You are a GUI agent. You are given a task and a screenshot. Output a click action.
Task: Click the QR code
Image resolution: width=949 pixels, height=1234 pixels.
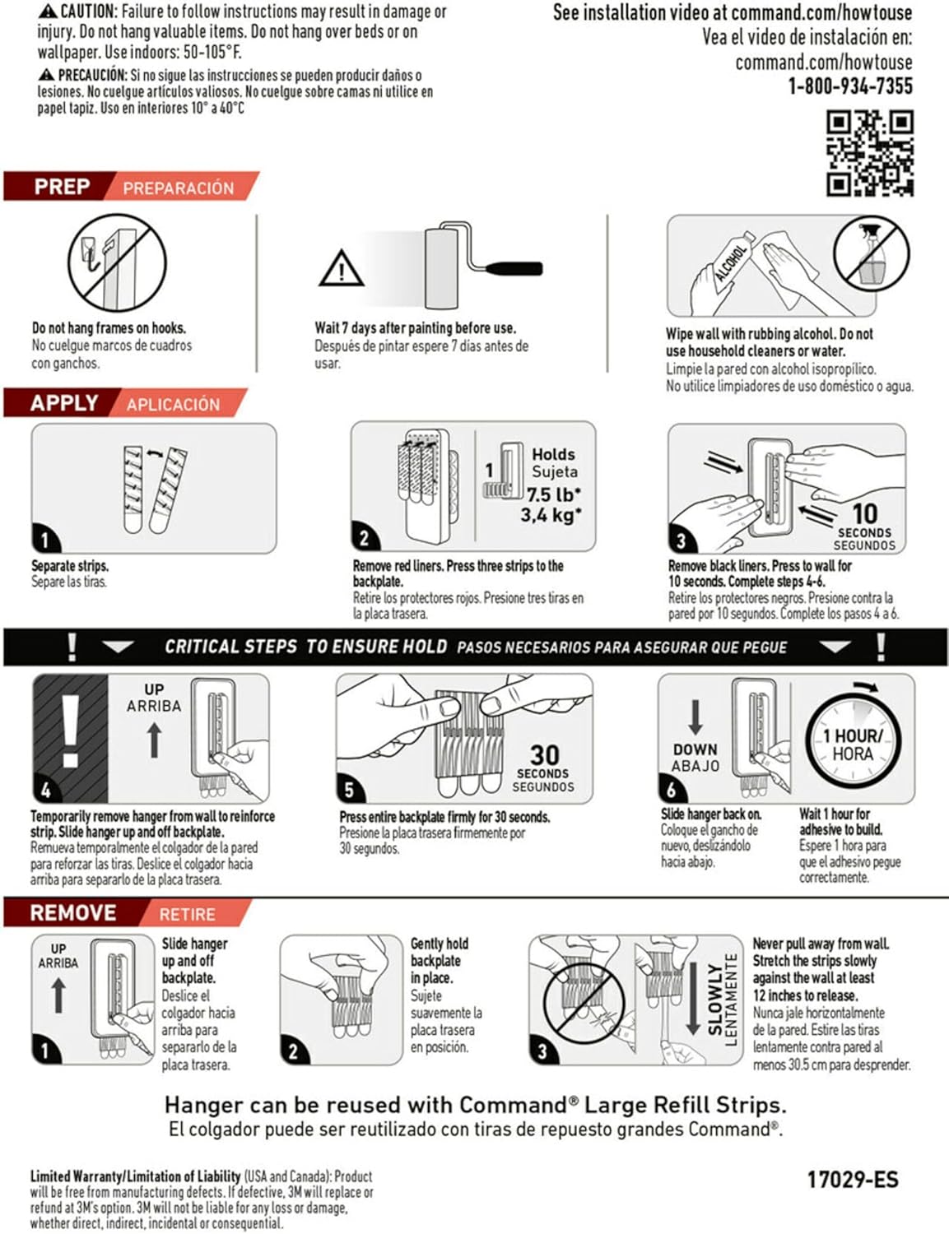click(870, 154)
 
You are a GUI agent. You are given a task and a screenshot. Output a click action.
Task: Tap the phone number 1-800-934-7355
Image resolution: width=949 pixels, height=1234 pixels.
click(850, 86)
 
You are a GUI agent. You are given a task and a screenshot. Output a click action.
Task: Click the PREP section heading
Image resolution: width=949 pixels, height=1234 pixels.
click(62, 187)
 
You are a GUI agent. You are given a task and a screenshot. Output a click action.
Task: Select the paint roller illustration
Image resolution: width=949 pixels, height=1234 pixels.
click(481, 266)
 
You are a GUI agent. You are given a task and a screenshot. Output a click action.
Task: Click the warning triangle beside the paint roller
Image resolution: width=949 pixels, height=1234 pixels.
click(342, 269)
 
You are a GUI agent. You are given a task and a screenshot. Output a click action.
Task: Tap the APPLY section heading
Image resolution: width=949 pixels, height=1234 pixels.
click(64, 403)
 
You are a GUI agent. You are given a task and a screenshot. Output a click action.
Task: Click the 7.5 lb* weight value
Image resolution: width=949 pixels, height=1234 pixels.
click(553, 494)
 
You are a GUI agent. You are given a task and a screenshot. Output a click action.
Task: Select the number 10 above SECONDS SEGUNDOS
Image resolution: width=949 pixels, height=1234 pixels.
click(864, 513)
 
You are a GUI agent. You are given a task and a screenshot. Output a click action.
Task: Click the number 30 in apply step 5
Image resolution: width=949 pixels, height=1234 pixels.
click(544, 754)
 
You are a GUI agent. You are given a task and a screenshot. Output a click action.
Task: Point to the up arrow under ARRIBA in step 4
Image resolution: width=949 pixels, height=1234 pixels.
click(154, 739)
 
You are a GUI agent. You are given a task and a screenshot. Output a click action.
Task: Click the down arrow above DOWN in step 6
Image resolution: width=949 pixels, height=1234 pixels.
click(695, 717)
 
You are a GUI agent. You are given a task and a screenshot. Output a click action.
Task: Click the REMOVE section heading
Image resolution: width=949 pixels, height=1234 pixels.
click(73, 913)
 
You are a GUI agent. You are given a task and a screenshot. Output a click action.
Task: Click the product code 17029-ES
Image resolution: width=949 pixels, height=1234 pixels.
click(852, 1179)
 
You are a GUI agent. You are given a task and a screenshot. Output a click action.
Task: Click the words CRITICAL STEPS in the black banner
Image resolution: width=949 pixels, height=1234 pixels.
click(230, 647)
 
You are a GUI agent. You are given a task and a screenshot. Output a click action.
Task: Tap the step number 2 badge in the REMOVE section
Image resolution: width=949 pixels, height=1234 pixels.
click(294, 1051)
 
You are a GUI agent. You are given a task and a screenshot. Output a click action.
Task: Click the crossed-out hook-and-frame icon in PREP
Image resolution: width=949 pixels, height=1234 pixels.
click(110, 262)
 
